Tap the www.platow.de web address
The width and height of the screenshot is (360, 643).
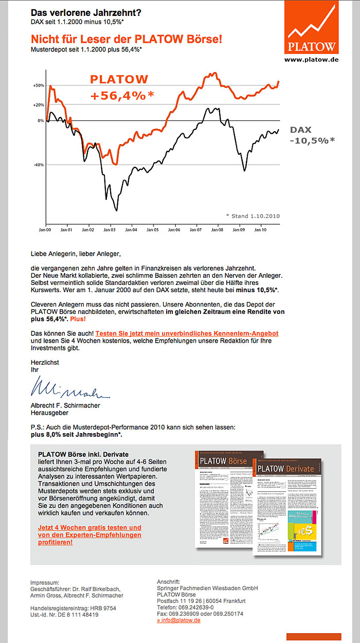coord(311,60)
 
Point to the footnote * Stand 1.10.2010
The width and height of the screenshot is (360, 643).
coord(253,216)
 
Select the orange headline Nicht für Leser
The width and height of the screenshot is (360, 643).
coord(127,39)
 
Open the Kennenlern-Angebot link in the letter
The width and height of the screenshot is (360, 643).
coord(187,334)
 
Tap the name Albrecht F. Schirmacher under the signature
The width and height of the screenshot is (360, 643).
coord(65,405)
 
